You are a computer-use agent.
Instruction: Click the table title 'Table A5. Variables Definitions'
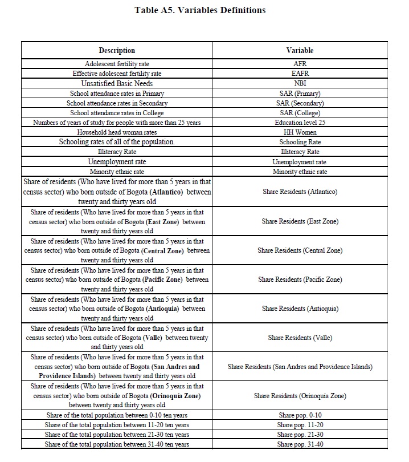click(x=200, y=10)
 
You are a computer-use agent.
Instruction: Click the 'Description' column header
click(x=117, y=51)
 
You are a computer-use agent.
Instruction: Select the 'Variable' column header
click(x=300, y=51)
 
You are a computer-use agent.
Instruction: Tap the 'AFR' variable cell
click(x=300, y=64)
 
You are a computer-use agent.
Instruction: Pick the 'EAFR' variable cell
click(x=300, y=74)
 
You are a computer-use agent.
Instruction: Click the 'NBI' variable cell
click(x=300, y=83)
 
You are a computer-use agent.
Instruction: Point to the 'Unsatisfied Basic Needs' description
click(x=117, y=83)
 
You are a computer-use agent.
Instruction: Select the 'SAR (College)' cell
click(x=300, y=113)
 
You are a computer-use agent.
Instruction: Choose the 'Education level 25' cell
click(x=300, y=123)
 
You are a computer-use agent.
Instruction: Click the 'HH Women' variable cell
click(x=300, y=132)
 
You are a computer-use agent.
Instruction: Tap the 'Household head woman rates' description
click(x=117, y=132)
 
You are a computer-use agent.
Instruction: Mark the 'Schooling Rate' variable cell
click(x=300, y=142)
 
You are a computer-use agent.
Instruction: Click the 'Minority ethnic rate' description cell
click(x=117, y=172)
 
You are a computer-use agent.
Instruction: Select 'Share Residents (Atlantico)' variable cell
click(x=300, y=192)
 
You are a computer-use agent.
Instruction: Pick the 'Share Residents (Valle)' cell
click(x=300, y=338)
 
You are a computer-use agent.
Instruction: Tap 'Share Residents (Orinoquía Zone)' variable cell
click(x=300, y=396)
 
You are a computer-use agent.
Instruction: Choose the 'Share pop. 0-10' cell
click(x=300, y=415)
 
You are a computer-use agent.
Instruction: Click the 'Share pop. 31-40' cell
click(x=300, y=444)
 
